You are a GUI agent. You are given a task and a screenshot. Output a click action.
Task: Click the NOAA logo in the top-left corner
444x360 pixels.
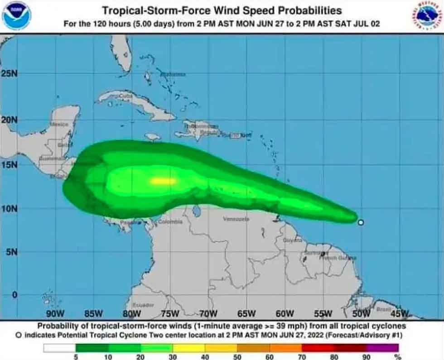tap(17, 16)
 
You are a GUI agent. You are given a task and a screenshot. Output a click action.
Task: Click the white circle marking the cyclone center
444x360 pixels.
tap(361, 222)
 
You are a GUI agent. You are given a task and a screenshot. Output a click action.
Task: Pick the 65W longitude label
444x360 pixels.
tap(246, 313)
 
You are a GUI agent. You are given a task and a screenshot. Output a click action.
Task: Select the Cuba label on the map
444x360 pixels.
tap(125, 96)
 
